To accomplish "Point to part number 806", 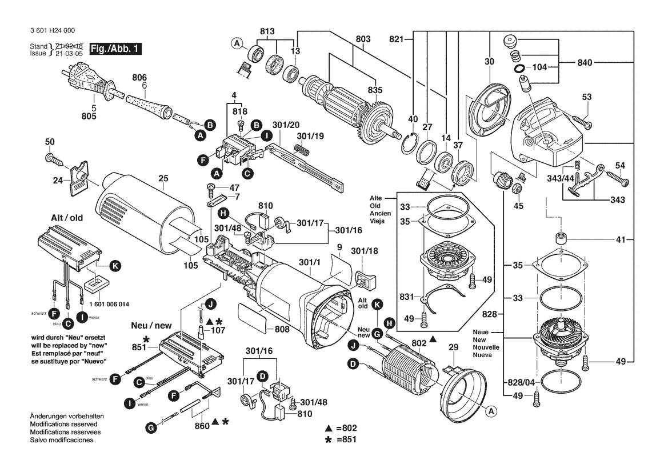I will pos(139,77).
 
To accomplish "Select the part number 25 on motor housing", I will pos(163,178).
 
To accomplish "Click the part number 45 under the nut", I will pos(518,206).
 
